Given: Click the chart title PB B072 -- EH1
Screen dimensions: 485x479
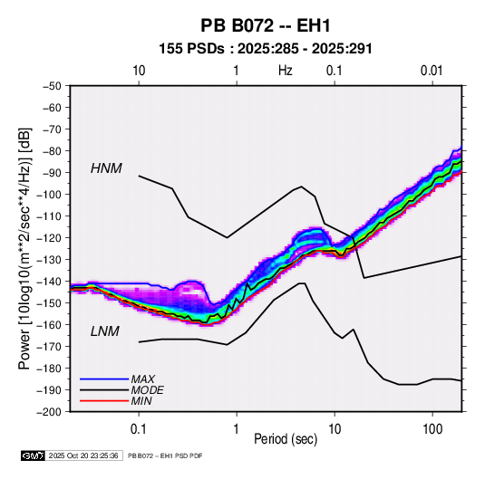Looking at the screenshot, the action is tap(266, 25).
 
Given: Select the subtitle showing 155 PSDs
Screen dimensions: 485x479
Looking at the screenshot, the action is tap(266, 49).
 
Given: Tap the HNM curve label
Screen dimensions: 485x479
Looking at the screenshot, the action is tap(106, 168).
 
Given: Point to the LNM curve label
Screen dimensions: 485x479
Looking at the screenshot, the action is tap(105, 331).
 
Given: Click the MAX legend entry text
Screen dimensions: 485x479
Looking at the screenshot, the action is tap(142, 379).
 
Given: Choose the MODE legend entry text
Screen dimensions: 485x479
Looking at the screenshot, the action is tap(147, 390).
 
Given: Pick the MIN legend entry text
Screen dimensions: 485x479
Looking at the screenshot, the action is tap(141, 401).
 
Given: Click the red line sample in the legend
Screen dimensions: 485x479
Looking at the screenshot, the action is tap(104, 401).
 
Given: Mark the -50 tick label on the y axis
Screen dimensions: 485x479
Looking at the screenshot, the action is tap(52, 86).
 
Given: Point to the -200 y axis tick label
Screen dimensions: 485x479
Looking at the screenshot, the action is tap(49, 412).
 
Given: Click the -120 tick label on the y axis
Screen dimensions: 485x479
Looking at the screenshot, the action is tap(49, 237).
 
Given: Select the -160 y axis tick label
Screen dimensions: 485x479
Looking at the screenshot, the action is tap(49, 325).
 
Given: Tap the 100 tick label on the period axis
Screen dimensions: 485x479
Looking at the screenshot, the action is tap(432, 429).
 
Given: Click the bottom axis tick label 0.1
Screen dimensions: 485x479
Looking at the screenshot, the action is tap(139, 429).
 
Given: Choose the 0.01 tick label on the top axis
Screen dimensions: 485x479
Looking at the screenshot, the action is tap(432, 71).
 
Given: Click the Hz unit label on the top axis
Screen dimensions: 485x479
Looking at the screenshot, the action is tap(286, 71).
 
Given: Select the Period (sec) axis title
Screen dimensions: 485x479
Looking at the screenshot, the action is tap(286, 439).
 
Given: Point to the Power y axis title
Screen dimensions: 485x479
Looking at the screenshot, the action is tap(25, 249).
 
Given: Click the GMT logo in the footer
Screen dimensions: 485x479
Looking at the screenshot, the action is tap(34, 455).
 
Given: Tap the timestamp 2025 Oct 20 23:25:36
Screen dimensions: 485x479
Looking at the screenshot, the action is tap(83, 455).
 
